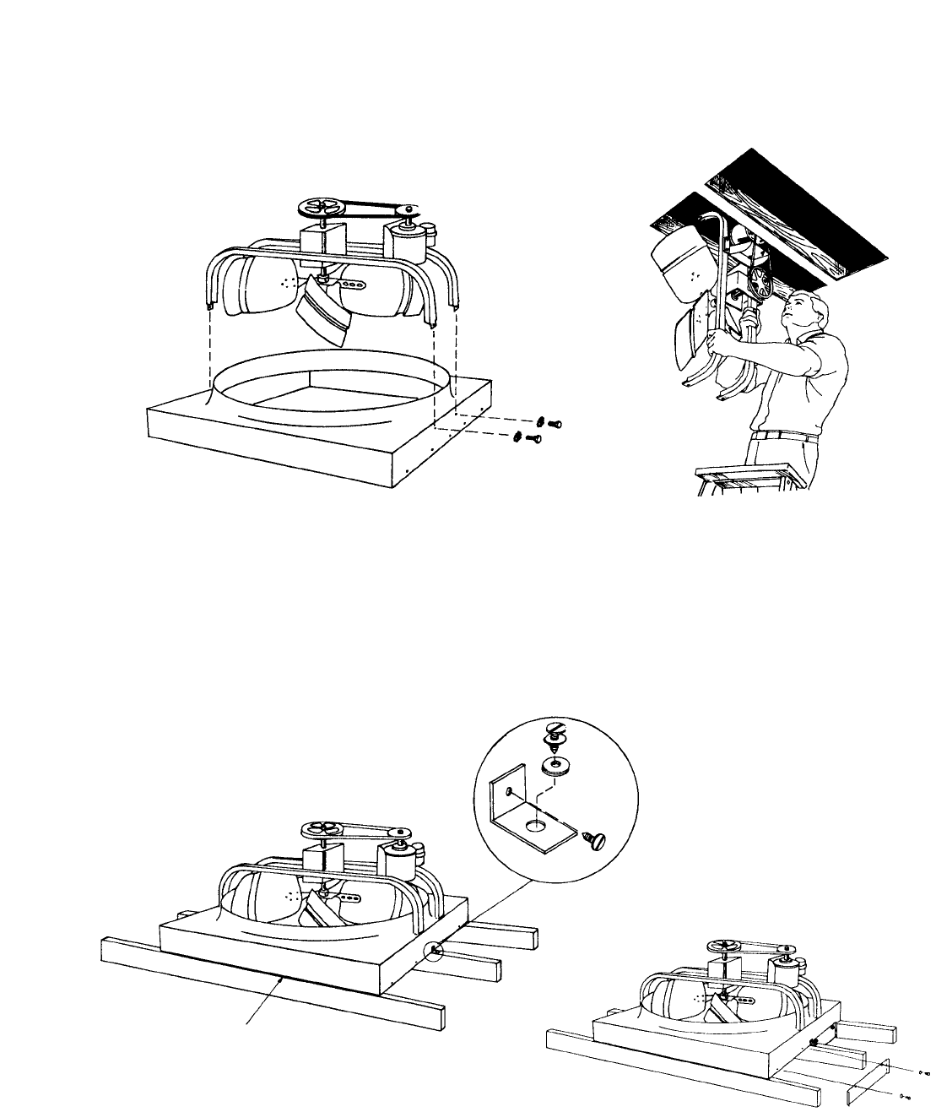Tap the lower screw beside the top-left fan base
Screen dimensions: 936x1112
pos(527,437)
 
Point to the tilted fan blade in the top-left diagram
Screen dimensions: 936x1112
pos(325,309)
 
